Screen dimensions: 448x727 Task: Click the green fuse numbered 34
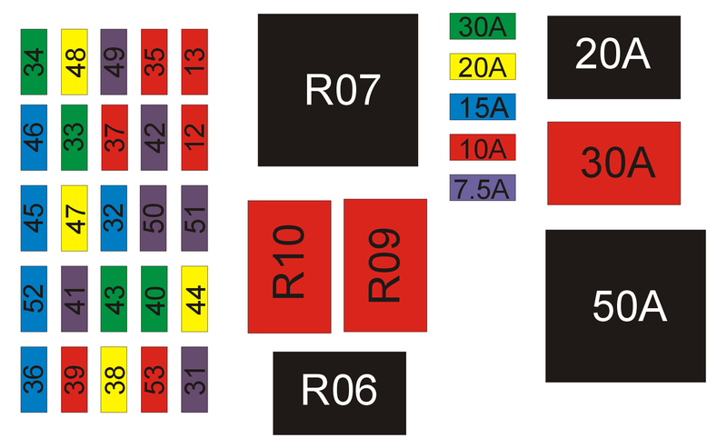(x=34, y=62)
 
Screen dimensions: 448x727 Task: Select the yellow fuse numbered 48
(x=74, y=62)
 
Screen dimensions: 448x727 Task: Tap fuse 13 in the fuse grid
(x=194, y=62)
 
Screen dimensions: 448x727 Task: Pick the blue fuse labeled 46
(x=34, y=138)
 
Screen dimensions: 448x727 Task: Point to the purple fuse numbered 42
(x=154, y=138)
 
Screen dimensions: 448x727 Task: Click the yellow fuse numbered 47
(x=74, y=218)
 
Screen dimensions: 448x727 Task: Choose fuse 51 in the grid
(x=194, y=218)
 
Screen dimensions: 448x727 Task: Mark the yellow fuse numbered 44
(x=194, y=298)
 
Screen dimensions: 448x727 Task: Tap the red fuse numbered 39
(x=74, y=379)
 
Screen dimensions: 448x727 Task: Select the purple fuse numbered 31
(x=194, y=379)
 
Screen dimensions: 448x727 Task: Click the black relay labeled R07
(x=338, y=90)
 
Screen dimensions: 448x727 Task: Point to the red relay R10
(x=289, y=266)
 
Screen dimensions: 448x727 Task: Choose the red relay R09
(x=385, y=265)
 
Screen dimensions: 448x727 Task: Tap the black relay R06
(x=339, y=393)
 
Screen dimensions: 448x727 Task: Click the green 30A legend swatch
(x=483, y=26)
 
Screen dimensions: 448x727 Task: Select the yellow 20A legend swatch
(x=483, y=66)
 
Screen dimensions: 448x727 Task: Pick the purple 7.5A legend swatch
(x=483, y=187)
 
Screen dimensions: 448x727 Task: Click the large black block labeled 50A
(x=625, y=306)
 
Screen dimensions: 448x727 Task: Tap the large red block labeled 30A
(x=613, y=163)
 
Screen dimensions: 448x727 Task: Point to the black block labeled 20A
(x=613, y=56)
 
